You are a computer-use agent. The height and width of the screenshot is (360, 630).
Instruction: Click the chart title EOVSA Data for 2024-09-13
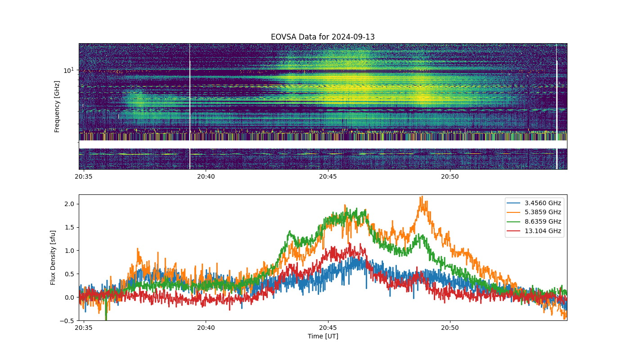click(x=323, y=37)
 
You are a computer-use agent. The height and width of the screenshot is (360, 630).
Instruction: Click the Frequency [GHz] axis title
click(x=57, y=107)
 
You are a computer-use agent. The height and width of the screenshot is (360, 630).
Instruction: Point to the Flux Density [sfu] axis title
click(x=53, y=257)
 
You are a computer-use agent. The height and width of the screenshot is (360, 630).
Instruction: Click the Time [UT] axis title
click(x=323, y=336)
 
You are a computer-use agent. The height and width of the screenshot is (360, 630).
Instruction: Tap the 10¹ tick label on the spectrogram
click(x=68, y=70)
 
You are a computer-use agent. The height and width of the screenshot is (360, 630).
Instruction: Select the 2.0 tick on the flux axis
click(x=69, y=204)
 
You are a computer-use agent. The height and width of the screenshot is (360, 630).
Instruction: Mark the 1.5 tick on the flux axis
click(x=69, y=227)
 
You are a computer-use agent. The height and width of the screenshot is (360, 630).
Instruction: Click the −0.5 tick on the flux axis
click(x=67, y=321)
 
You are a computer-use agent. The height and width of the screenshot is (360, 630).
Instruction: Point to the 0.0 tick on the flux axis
click(x=69, y=297)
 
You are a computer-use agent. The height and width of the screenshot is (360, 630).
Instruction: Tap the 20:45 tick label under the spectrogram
click(x=328, y=176)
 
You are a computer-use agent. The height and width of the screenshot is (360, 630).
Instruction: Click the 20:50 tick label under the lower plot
click(x=450, y=328)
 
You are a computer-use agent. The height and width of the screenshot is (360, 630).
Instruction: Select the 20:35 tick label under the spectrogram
click(x=84, y=176)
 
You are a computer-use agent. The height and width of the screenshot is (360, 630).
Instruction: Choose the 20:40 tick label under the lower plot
click(x=206, y=328)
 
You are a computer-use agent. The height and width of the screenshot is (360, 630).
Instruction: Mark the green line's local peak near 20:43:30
click(x=289, y=231)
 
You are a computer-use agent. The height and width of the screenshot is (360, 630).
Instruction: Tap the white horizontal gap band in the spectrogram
click(x=323, y=144)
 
